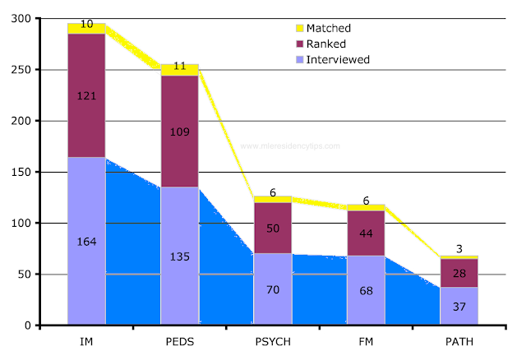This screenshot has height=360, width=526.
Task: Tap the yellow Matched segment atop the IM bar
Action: click(86, 29)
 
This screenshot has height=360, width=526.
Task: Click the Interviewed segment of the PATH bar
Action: click(459, 306)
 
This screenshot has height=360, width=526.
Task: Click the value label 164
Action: click(86, 242)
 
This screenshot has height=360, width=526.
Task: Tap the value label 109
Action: click(179, 131)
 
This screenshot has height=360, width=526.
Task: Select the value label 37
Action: click(459, 306)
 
